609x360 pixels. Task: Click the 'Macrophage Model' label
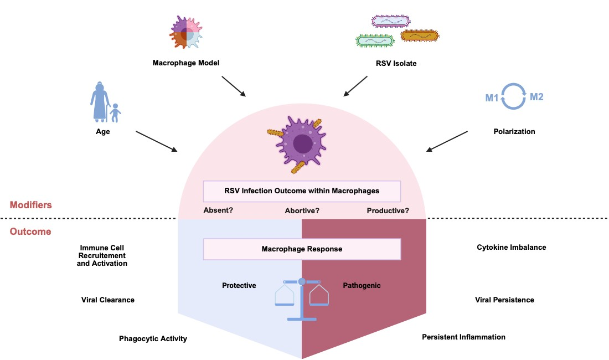[186, 63]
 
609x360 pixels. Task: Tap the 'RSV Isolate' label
[395, 63]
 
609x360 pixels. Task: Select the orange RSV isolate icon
[419, 35]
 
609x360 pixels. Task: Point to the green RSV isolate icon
[376, 40]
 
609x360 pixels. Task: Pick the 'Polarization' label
[514, 132]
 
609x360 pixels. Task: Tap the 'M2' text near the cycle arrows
[537, 97]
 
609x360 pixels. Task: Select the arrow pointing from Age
[157, 141]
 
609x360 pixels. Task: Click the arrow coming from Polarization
[448, 141]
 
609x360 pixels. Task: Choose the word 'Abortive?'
[302, 210]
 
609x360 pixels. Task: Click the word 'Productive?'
[388, 210]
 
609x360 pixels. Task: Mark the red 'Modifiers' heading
[30, 205]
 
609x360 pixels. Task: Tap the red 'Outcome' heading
[30, 232]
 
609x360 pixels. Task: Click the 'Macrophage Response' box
[302, 249]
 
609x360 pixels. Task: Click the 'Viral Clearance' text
[108, 300]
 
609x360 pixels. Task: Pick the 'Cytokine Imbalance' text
[511, 247]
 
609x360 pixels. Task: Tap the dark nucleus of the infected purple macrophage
[302, 144]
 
